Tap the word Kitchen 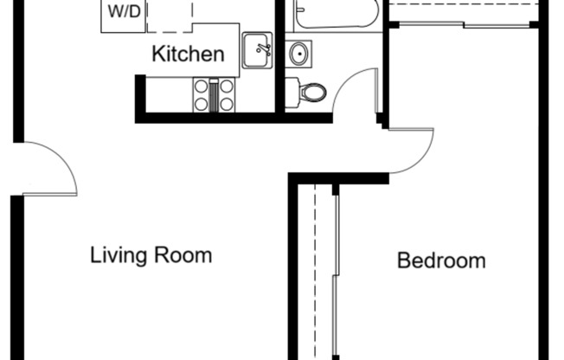[x=188, y=55]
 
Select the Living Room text [x=151, y=255]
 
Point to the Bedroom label [x=441, y=260]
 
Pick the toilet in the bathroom [x=306, y=91]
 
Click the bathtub [x=336, y=14]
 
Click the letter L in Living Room [x=95, y=256]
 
